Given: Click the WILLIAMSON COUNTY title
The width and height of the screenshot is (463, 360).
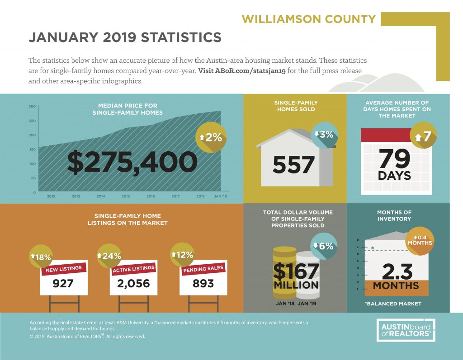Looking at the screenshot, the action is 308,19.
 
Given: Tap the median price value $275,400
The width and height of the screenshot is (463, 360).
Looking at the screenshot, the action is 132,162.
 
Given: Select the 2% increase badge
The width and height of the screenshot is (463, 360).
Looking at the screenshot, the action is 211,137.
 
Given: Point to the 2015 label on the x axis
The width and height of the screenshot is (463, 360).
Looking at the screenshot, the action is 126,196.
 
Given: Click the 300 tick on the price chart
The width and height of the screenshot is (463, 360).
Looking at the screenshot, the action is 32,107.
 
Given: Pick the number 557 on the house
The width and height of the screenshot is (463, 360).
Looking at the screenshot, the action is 293,165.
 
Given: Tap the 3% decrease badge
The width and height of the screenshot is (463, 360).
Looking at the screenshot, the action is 324,135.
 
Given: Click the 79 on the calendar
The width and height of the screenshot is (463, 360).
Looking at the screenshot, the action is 394,158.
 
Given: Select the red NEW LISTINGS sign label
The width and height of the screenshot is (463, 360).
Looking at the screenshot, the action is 64,269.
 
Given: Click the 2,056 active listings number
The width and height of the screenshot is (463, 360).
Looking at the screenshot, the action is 133,284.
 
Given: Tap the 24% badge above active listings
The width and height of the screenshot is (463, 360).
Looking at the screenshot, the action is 109,256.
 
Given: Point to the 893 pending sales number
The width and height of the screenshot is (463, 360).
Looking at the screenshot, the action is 203,284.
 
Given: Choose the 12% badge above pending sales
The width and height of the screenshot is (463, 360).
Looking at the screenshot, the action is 183,255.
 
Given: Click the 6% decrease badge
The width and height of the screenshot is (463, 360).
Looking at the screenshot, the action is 324,246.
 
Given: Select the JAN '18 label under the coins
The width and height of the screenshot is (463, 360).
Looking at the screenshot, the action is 285,304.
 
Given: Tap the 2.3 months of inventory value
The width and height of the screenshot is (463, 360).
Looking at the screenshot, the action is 397,271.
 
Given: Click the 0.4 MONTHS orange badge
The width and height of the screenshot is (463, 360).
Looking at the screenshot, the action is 420,240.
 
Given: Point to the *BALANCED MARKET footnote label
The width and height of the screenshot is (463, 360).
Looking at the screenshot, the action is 393,304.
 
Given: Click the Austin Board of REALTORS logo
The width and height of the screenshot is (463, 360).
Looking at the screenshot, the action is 406,330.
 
